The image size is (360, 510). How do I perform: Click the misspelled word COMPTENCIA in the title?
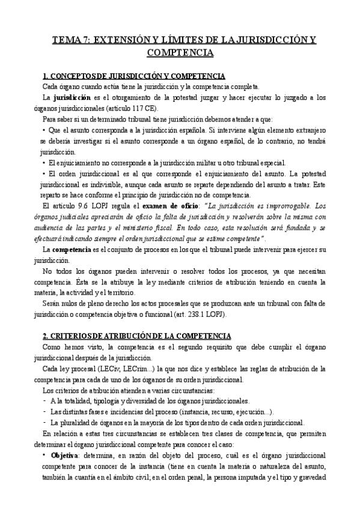tap(180, 53)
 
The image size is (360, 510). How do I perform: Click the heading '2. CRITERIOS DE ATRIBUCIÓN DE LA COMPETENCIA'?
tap(138, 335)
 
